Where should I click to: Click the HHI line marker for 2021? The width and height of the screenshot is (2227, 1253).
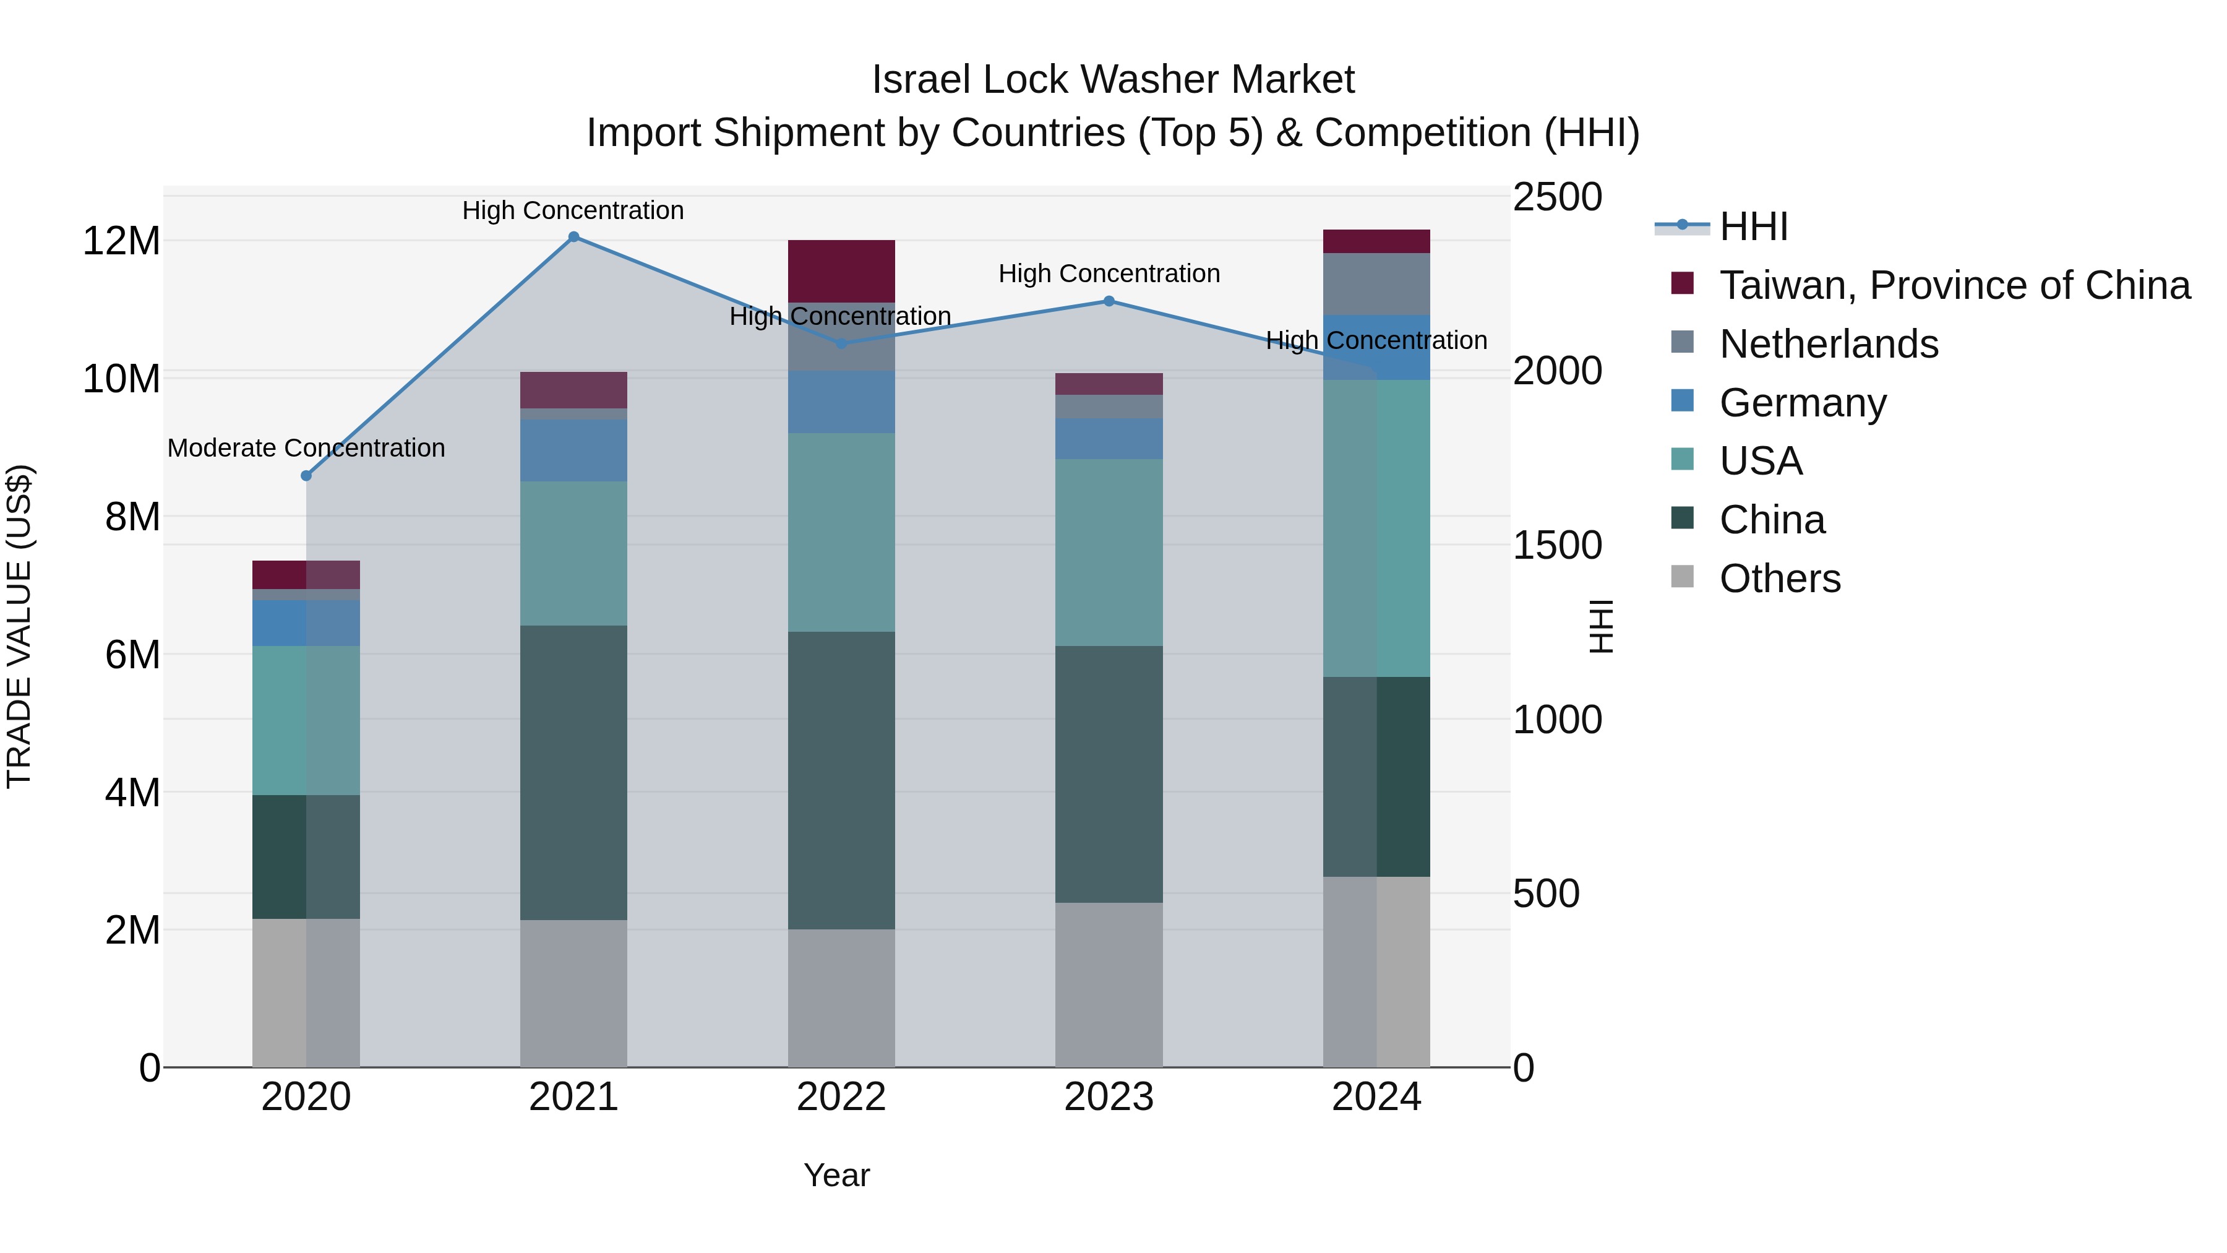pyautogui.click(x=573, y=237)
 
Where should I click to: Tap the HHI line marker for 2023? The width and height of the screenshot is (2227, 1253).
pyautogui.click(x=1109, y=301)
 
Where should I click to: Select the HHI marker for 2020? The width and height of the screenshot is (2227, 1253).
pyautogui.click(x=306, y=476)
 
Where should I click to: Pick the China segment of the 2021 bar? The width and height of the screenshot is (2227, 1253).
pyautogui.click(x=573, y=772)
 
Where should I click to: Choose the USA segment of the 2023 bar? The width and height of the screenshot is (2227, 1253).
pyautogui.click(x=1109, y=553)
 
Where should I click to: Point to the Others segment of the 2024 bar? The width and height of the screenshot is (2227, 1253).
pyautogui.click(x=1376, y=972)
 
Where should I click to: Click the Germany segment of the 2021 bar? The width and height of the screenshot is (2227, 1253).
pyautogui.click(x=573, y=450)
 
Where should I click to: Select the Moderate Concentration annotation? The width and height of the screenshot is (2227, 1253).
pyautogui.click(x=306, y=448)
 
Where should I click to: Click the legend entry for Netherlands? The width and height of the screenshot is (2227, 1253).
pyautogui.click(x=1829, y=344)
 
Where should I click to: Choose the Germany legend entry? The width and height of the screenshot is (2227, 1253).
pyautogui.click(x=1803, y=403)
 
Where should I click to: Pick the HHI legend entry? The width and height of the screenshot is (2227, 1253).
pyautogui.click(x=1753, y=226)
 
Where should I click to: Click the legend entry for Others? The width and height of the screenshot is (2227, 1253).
pyautogui.click(x=1779, y=579)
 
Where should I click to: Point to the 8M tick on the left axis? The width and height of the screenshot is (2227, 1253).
pyautogui.click(x=132, y=517)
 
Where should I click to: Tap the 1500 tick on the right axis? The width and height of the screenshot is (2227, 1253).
pyautogui.click(x=1557, y=546)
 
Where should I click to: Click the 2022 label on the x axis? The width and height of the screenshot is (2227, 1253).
pyautogui.click(x=841, y=1097)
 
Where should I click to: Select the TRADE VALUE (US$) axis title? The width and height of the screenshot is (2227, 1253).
pyautogui.click(x=19, y=626)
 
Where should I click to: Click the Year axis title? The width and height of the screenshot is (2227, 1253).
pyautogui.click(x=836, y=1175)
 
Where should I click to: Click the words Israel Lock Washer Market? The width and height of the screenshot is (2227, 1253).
pyautogui.click(x=1113, y=80)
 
